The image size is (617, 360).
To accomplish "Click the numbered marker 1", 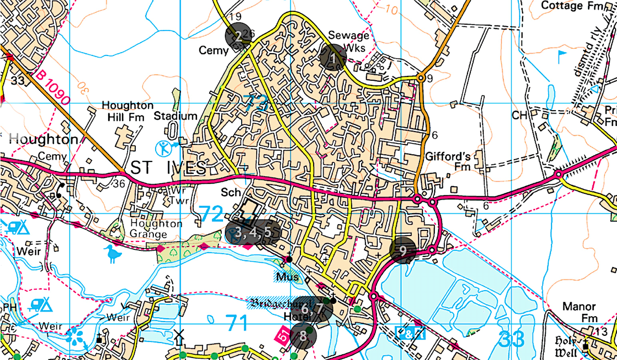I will pyautogui.click(x=333, y=57).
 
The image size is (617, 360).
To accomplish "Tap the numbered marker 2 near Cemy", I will pyautogui.click(x=238, y=36).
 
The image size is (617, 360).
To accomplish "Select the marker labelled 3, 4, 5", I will pyautogui.click(x=253, y=232).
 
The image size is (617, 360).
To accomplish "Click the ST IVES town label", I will pyautogui.click(x=168, y=168).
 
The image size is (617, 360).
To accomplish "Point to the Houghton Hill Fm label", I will pyautogui.click(x=128, y=111).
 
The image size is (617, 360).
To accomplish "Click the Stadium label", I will pyautogui.click(x=175, y=115).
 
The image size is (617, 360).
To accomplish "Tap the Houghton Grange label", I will pyautogui.click(x=156, y=228).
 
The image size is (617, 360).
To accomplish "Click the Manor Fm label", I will pyautogui.click(x=579, y=312).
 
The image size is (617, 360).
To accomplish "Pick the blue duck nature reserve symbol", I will pyautogui.click(x=113, y=254).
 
